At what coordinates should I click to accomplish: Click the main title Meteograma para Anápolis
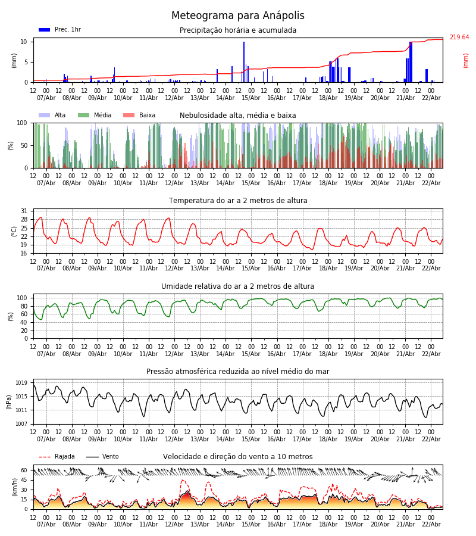coord(238,16)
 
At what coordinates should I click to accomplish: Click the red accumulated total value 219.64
coord(459,38)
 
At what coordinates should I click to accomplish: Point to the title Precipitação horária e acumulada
coord(238,30)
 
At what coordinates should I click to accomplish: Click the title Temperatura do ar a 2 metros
coord(238,201)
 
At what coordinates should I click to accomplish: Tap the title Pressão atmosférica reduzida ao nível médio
coord(238,372)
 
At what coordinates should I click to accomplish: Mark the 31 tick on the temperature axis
coord(24,211)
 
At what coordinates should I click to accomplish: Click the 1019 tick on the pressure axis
coord(21,383)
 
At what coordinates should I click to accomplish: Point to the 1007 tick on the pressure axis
coord(21,424)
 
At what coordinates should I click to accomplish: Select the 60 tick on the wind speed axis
coord(24,470)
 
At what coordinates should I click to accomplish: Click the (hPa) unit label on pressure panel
coord(8,401)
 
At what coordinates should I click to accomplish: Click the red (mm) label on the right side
coord(466,60)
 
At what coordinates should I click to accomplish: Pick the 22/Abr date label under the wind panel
coord(431,524)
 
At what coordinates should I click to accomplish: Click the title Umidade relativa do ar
coord(238,286)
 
